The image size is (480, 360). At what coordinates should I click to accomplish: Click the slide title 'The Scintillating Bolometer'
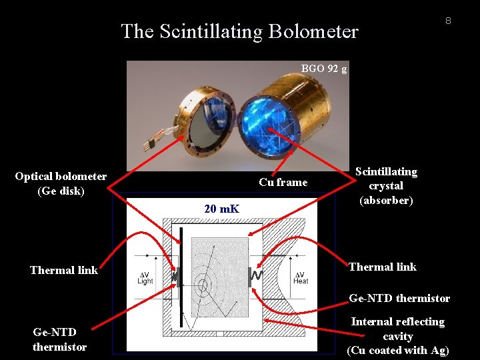pyautogui.click(x=239, y=31)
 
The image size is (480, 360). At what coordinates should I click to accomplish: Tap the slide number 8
pyautogui.click(x=448, y=21)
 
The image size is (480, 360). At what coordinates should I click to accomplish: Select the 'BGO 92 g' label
pyautogui.click(x=324, y=68)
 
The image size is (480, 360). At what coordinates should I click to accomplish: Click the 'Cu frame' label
pyautogui.click(x=283, y=182)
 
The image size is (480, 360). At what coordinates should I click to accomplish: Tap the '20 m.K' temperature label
pyautogui.click(x=222, y=209)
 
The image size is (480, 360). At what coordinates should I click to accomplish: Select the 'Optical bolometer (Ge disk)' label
pyautogui.click(x=61, y=183)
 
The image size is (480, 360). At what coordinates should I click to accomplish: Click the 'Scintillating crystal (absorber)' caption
pyautogui.click(x=386, y=185)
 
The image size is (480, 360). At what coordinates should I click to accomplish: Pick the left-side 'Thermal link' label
pyautogui.click(x=64, y=270)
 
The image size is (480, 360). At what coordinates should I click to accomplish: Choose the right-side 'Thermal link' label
pyautogui.click(x=383, y=267)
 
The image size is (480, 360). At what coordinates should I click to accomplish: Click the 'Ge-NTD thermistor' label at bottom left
pyautogui.click(x=59, y=339)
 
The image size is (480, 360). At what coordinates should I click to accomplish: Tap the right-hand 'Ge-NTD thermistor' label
pyautogui.click(x=399, y=298)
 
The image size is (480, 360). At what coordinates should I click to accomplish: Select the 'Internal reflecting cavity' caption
pyautogui.click(x=398, y=335)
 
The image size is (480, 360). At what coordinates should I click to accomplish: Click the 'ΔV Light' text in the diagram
pyautogui.click(x=145, y=277)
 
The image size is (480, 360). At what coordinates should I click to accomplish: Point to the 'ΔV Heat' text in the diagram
pyautogui.click(x=301, y=277)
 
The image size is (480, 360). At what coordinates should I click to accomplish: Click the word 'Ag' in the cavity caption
pyautogui.click(x=439, y=350)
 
